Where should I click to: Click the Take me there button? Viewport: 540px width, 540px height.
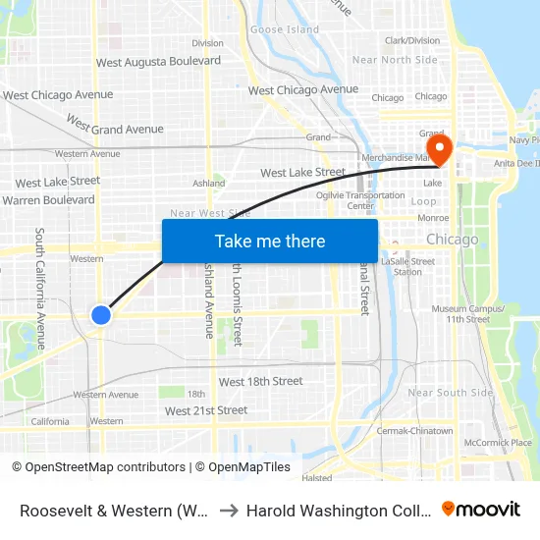(270, 241)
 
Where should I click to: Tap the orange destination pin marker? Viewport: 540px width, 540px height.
(440, 150)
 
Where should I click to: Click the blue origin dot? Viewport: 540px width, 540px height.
(101, 314)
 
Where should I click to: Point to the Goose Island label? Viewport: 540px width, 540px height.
(285, 29)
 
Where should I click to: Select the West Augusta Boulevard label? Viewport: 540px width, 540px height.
(158, 62)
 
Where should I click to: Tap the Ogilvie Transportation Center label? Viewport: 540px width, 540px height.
(360, 200)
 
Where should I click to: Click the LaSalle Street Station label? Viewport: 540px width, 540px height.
(408, 266)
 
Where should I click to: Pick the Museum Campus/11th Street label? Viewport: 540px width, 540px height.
(468, 314)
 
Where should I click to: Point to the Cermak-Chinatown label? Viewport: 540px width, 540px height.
(414, 431)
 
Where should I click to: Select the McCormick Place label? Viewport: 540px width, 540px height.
(498, 443)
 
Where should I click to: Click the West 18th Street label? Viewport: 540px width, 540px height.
(260, 381)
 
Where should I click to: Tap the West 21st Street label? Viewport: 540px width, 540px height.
(206, 410)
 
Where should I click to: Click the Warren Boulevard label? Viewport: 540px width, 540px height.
(48, 199)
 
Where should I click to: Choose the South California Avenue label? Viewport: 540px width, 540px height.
(40, 289)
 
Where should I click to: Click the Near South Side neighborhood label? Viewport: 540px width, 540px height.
(451, 393)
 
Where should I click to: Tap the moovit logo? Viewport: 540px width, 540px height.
(480, 510)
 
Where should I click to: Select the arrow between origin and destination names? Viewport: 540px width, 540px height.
(228, 511)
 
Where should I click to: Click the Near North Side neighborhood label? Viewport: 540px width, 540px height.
(395, 60)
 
